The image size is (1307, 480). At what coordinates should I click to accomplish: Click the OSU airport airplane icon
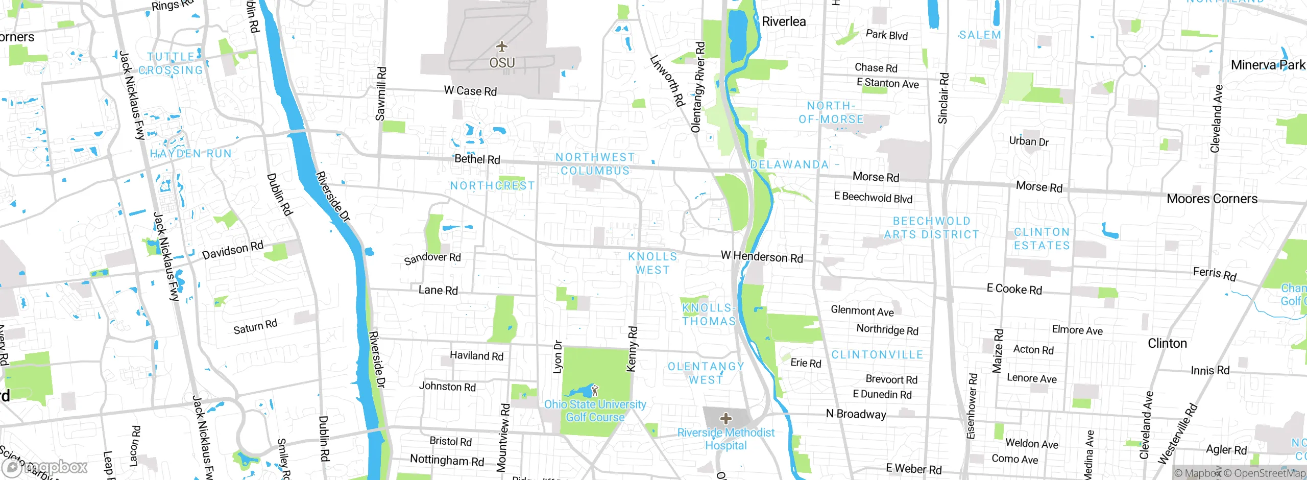click(502, 47)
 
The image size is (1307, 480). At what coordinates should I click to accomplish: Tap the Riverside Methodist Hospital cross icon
click(726, 419)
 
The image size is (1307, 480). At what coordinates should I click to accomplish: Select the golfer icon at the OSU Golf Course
click(594, 391)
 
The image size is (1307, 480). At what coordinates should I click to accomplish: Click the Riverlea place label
click(784, 21)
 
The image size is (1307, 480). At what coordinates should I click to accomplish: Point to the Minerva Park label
click(1268, 65)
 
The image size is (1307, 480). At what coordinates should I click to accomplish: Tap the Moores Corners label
click(1212, 199)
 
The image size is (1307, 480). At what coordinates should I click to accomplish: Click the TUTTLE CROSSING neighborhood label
click(171, 63)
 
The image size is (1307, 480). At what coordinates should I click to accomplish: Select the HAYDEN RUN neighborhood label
click(190, 153)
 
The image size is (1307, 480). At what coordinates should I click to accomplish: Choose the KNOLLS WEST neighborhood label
click(652, 263)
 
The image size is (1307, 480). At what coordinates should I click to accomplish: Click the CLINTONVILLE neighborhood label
click(877, 354)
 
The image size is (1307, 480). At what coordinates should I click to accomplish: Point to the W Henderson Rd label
click(762, 256)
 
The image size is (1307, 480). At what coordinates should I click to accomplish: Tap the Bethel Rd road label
click(477, 159)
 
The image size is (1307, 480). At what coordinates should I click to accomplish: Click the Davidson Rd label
click(233, 250)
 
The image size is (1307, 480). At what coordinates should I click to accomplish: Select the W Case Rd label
click(470, 91)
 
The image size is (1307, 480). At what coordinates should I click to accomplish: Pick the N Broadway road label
click(856, 414)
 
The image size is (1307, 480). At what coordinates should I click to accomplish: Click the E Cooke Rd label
click(1014, 289)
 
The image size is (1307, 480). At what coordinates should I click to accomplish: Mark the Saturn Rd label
click(255, 326)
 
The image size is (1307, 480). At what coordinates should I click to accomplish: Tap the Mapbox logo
click(45, 467)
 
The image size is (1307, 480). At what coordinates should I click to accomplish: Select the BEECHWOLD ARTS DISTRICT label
click(932, 228)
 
